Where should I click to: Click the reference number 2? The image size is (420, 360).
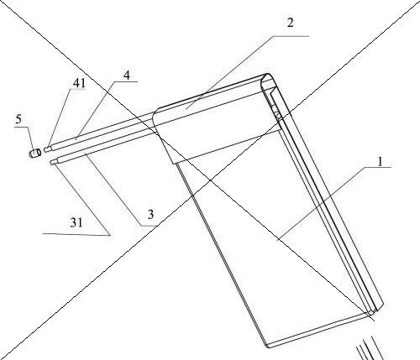291,23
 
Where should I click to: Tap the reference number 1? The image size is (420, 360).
380,162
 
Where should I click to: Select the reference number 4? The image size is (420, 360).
127,76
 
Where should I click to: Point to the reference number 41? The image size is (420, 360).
79,83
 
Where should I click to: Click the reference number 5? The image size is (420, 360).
18,119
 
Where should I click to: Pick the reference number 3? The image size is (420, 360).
150,215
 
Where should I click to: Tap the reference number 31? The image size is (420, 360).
76,222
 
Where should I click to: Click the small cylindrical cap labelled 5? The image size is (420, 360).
35,154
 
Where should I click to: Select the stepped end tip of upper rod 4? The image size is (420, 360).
47,149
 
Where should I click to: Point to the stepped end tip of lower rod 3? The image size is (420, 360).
54,161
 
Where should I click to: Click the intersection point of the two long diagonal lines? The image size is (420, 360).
211,180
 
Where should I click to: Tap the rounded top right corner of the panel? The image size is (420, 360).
269,76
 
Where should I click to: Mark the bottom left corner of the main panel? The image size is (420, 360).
267,347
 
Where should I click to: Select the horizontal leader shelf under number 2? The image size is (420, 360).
291,36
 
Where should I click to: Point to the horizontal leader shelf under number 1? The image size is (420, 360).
378,167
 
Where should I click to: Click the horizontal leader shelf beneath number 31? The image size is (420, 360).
76,234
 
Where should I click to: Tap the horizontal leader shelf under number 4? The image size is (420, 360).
126,81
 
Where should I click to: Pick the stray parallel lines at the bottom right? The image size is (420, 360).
370,348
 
